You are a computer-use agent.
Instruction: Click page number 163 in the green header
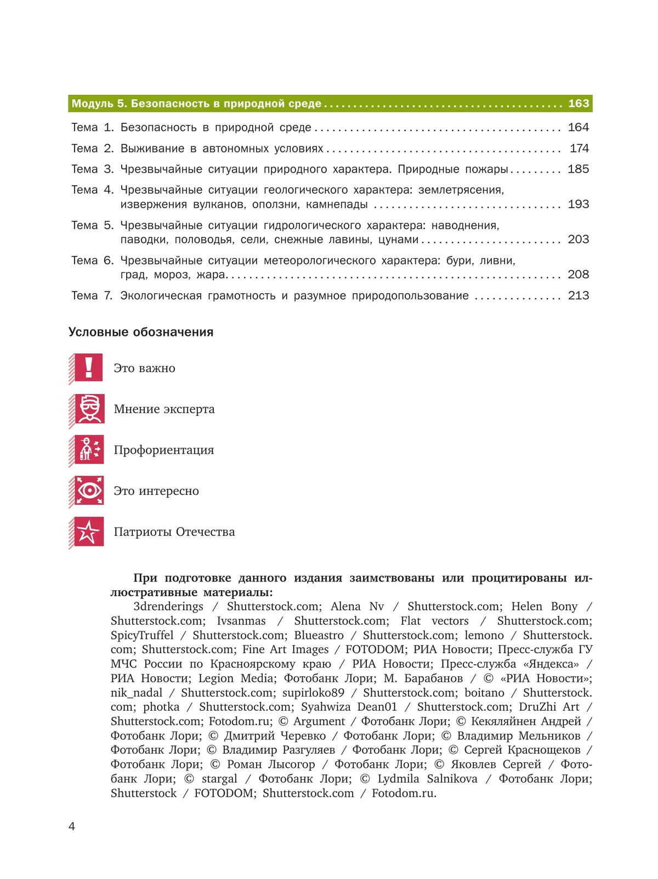coord(578,104)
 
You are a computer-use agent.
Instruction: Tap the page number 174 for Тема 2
coord(579,149)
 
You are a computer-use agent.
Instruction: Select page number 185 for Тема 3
coord(578,169)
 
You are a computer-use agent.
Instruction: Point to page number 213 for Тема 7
coord(578,296)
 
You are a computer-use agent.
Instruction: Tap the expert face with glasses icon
coord(88,408)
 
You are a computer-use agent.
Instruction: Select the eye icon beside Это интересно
coord(88,490)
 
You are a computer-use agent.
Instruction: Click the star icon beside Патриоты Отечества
coord(88,532)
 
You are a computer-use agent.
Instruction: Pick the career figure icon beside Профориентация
coord(88,449)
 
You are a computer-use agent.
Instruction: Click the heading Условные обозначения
coord(141,332)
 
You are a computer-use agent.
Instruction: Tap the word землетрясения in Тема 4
coord(461,190)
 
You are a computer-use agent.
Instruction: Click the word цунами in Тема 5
coord(398,239)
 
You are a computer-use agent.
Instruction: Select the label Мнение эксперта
coord(164,409)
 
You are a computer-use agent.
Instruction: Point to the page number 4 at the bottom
coord(72,826)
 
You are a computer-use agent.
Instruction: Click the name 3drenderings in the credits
coord(168,607)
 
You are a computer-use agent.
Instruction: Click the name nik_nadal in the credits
coord(137,693)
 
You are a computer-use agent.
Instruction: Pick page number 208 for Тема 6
coord(578,275)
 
